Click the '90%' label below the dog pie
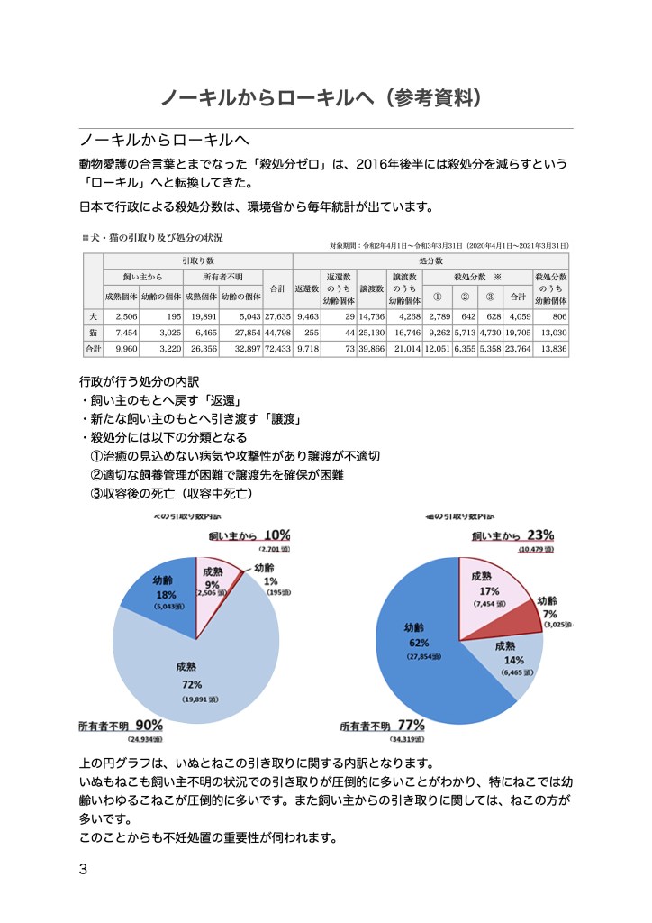149,725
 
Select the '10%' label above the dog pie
276,535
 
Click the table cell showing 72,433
278,347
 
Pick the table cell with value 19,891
201,316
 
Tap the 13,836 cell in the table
551,347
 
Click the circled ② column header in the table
465,295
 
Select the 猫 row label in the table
93,332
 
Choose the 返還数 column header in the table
307,288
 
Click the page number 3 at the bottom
84,870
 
